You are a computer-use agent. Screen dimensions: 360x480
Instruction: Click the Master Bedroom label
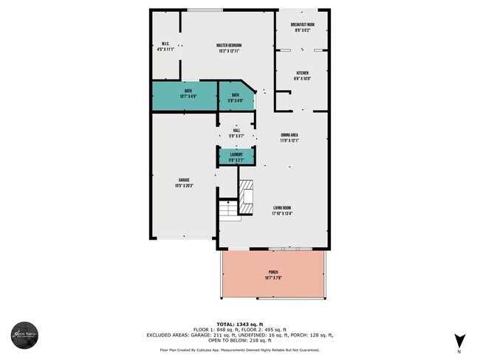pos(230,45)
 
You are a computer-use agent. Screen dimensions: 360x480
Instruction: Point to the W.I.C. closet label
pos(166,45)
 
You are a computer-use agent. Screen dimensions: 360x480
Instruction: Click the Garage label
pos(184,181)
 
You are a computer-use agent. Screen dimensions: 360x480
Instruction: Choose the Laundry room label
pos(236,154)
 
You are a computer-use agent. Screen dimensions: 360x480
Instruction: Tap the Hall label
pos(236,131)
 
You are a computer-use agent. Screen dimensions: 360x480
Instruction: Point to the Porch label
pos(272,274)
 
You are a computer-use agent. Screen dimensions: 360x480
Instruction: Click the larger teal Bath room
pos(184,95)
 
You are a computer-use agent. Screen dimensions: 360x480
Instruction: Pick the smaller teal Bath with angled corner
pos(236,96)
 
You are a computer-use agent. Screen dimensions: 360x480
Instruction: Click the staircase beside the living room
pos(230,210)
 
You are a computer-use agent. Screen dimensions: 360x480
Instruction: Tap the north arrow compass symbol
pos(460,341)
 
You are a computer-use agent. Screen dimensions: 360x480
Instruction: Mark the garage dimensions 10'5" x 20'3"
pos(184,186)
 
